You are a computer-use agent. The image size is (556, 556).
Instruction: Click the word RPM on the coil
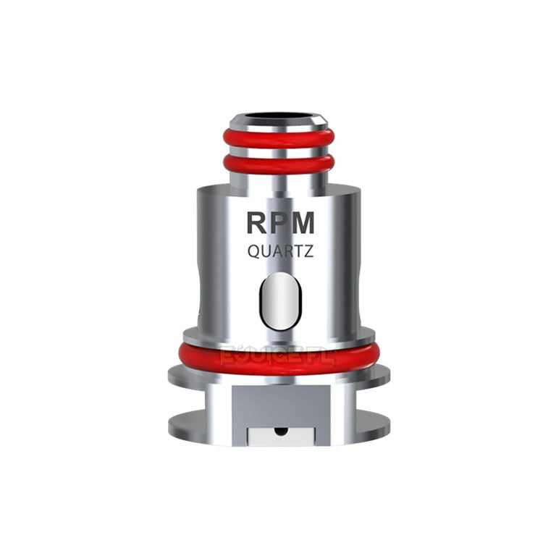281,223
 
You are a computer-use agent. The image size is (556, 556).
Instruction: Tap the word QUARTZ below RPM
281,252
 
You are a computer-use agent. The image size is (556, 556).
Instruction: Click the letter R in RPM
258,223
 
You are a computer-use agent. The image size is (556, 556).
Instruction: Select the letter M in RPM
303,223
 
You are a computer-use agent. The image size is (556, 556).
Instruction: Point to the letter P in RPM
279,223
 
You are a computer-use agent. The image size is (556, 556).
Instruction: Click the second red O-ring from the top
279,164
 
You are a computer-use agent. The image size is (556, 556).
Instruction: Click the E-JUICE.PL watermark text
279,356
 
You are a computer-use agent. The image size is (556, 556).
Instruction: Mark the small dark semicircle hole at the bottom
279,431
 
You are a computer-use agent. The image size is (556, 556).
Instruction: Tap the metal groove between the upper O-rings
279,152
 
